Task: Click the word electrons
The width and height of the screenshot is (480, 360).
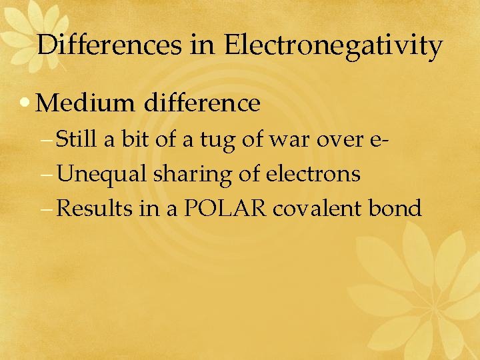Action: point(313,175)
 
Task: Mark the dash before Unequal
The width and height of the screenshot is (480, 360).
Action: point(49,176)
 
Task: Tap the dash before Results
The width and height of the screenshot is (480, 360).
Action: point(49,210)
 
